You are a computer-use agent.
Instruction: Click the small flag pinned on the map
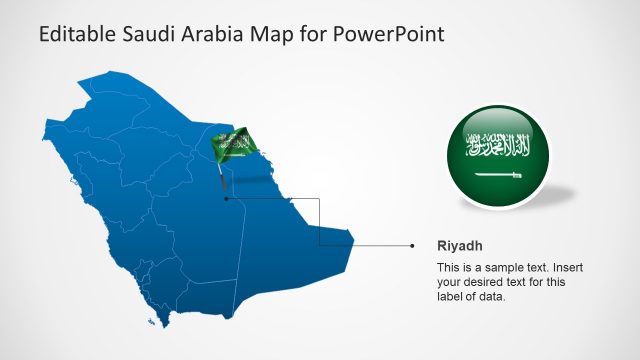235,146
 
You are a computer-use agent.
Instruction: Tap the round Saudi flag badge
498,156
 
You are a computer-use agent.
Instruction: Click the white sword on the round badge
498,176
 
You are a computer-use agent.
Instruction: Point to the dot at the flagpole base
226,198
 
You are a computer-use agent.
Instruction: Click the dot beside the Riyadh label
412,244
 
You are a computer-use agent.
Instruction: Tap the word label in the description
452,296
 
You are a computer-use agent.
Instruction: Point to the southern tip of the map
165,325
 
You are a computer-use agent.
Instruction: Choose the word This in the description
451,268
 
